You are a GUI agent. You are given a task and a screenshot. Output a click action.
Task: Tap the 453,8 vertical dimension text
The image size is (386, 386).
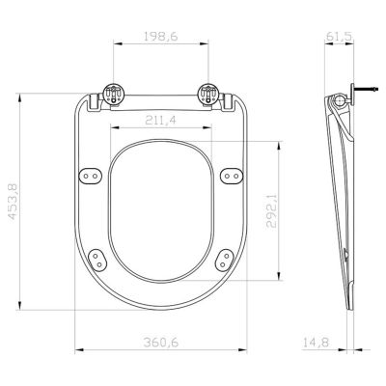pos(13,206)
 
